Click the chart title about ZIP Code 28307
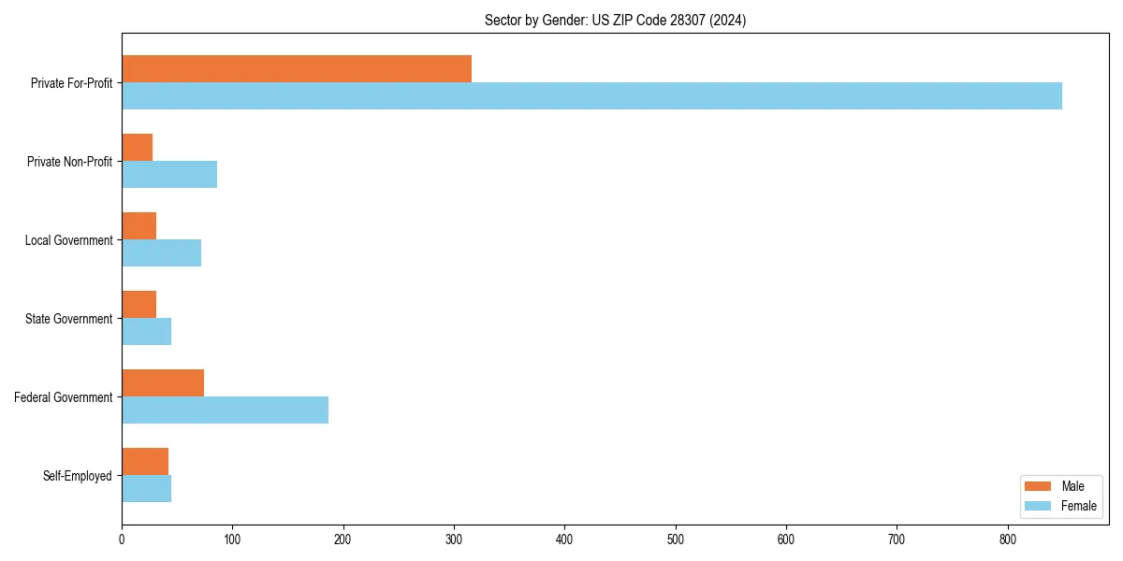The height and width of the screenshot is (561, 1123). [615, 20]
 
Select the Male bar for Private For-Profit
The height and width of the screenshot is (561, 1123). [297, 69]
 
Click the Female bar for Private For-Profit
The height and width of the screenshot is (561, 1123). [591, 95]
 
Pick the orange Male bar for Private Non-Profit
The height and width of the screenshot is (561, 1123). [138, 148]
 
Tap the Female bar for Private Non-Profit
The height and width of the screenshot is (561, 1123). [169, 174]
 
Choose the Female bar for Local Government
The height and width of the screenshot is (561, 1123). [161, 252]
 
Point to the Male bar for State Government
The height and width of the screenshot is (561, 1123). [139, 305]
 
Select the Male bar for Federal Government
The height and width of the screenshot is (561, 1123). [163, 383]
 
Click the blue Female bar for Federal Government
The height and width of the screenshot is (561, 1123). [225, 410]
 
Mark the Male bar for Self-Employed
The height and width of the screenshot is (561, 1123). [145, 462]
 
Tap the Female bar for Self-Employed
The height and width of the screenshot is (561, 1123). [147, 488]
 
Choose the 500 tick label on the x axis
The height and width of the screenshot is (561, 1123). [675, 539]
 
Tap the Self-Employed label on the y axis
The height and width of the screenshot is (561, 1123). [78, 476]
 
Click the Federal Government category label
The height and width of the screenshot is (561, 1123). [64, 397]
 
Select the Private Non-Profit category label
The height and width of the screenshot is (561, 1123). [70, 162]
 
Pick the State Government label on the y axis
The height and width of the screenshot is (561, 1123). [69, 319]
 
